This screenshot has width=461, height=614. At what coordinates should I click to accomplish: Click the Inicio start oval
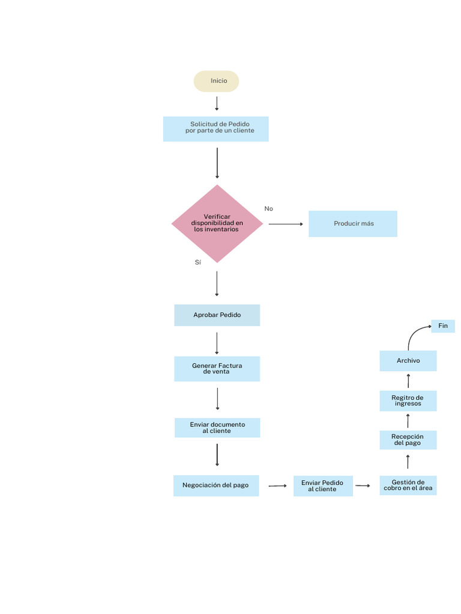coord(216,81)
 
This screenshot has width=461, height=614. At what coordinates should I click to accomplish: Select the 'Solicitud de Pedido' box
coord(216,128)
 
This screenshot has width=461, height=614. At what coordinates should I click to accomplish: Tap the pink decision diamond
coord(217,224)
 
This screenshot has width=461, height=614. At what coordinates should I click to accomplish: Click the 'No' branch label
coord(268,209)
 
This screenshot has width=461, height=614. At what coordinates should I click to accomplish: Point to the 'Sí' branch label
coord(197,263)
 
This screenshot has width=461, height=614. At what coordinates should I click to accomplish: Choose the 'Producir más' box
coord(353,224)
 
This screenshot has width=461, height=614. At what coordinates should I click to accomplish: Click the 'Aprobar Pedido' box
coord(217,315)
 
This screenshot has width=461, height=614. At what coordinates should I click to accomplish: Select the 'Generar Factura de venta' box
coord(217,369)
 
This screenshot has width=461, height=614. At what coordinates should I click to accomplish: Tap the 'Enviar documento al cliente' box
coord(217,428)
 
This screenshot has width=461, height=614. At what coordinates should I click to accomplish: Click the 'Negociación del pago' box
coord(216,485)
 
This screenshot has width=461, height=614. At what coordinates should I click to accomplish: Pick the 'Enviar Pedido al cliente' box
coord(323,486)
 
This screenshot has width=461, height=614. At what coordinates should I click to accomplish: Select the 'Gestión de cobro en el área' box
coord(408,485)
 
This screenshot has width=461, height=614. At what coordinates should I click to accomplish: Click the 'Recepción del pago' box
coord(408,440)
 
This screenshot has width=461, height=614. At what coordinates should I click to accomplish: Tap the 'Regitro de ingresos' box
coord(408,401)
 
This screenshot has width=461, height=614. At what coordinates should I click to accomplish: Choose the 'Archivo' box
coord(408,360)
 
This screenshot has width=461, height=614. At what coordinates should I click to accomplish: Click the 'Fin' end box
coord(443,326)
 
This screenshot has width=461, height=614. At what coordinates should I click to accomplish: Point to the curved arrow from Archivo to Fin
coord(414,334)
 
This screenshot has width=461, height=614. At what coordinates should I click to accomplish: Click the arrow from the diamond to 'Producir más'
coord(286,224)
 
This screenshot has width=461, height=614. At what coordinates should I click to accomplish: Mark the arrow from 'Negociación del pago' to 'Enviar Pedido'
coord(277,486)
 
